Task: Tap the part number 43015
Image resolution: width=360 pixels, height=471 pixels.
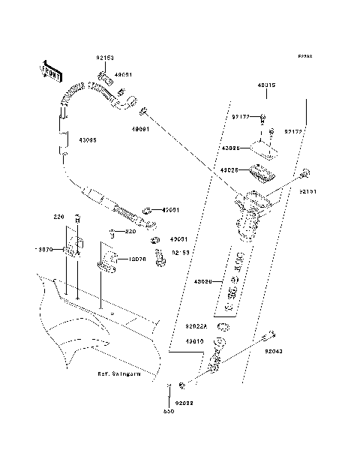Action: coord(267,85)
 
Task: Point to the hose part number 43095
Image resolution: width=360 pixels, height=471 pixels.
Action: coord(79,139)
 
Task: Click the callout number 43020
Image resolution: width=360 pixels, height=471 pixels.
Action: coord(205,282)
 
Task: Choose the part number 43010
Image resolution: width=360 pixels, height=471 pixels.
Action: coord(195,340)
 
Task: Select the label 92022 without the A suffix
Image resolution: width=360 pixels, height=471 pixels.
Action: coord(184,403)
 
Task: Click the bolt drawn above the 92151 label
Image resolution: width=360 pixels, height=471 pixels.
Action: coord(305,174)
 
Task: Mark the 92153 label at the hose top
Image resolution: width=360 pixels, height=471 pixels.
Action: coord(104,57)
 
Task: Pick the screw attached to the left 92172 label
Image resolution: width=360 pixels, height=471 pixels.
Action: coord(263,117)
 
